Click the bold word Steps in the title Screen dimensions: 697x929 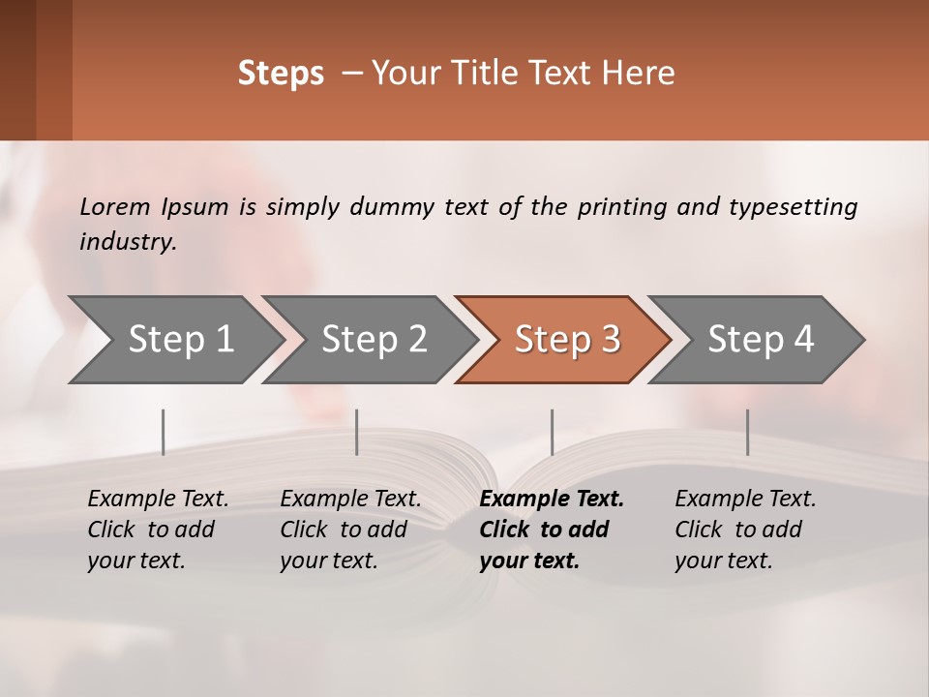(281, 74)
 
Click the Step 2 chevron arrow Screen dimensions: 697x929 (374, 339)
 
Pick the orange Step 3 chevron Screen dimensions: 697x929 (566, 339)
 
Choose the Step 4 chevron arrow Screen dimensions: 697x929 (760, 339)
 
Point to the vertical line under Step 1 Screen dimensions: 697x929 (164, 432)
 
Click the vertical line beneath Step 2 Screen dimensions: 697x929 (357, 432)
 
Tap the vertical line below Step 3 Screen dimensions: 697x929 (553, 432)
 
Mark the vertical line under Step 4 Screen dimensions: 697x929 (747, 432)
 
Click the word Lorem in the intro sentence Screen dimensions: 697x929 (115, 206)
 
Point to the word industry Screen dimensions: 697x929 (128, 241)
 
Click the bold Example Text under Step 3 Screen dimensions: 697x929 (552, 499)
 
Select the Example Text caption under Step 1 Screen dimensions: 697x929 (158, 499)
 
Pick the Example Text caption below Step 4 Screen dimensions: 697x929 (745, 499)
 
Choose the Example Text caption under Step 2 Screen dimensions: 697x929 (350, 499)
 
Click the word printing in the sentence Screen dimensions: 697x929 (621, 206)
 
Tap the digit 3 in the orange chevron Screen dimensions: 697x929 (610, 339)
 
